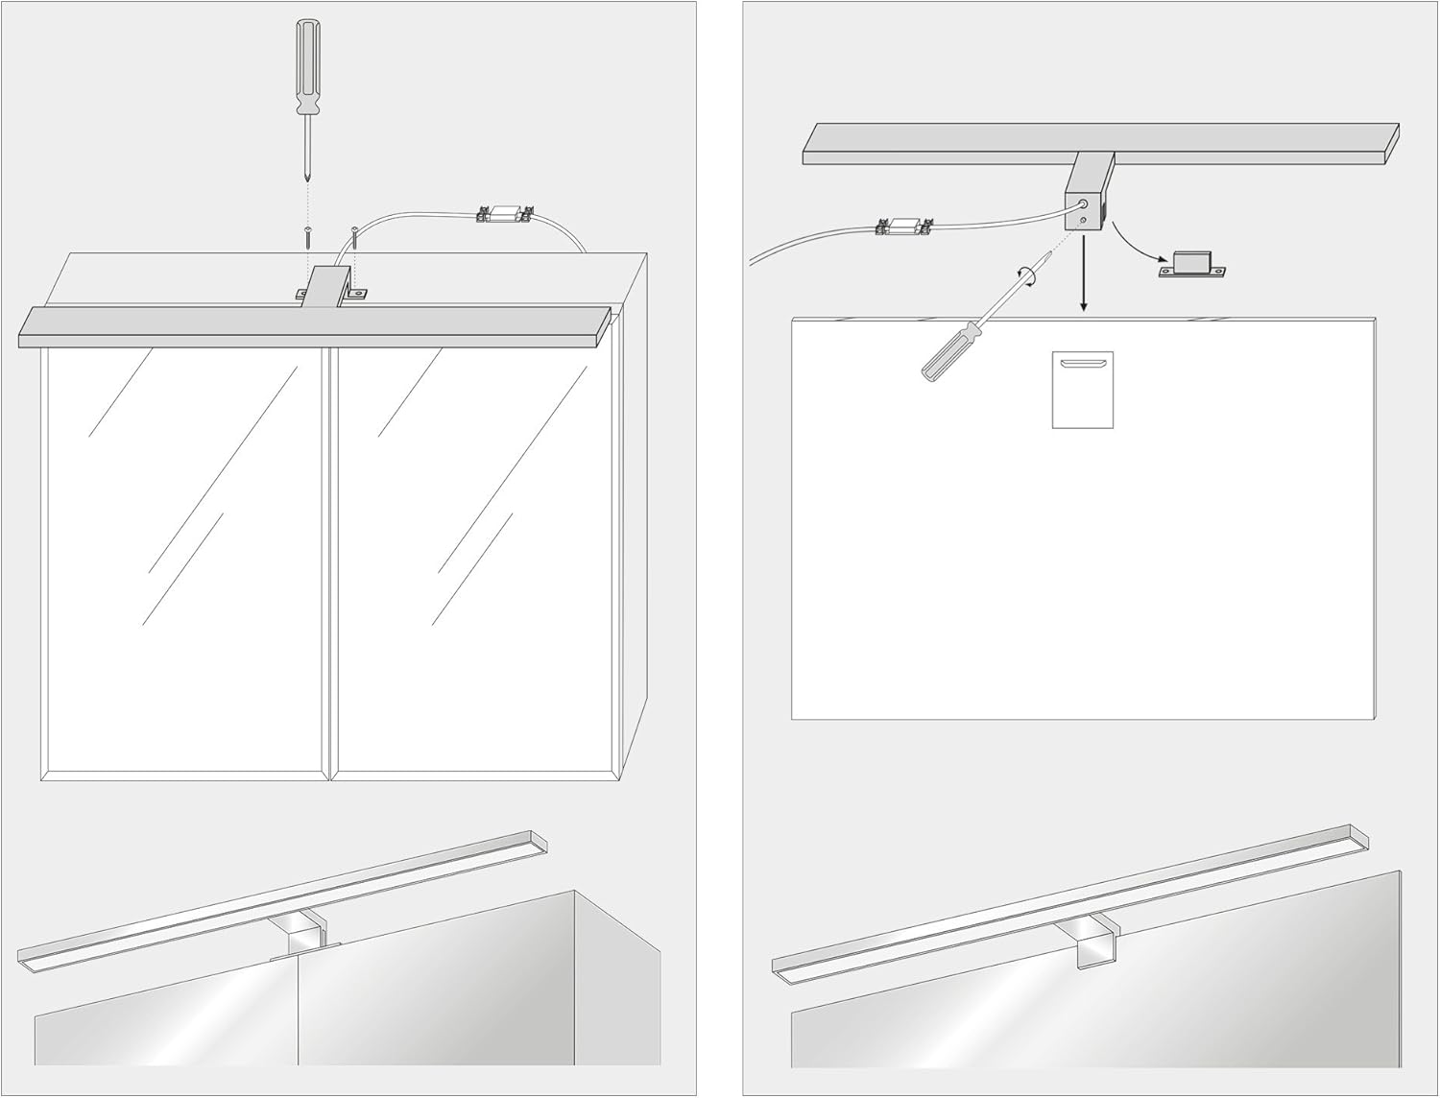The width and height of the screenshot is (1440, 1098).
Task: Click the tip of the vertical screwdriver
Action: coord(306,177)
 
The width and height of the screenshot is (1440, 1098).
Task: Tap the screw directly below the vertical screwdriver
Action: coord(307,235)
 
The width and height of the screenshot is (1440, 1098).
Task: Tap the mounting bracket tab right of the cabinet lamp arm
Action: coord(358,293)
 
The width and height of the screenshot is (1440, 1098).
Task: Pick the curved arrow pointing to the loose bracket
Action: coord(1138,245)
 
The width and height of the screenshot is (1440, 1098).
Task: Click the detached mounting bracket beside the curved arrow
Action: coord(1192,264)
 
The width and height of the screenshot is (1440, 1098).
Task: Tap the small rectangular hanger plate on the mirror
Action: coord(1083,389)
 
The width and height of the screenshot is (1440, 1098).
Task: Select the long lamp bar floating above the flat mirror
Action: coord(1100,143)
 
